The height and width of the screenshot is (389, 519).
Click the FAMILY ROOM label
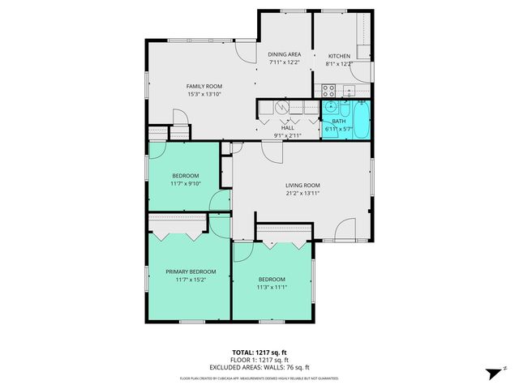[204, 86]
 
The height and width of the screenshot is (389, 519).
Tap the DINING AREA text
[285, 54]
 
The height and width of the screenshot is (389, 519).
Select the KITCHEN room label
[339, 55]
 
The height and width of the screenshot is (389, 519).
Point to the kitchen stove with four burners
[329, 90]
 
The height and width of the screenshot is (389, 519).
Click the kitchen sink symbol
[349, 89]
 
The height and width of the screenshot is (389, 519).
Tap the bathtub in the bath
[362, 120]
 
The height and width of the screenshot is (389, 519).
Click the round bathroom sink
[331, 107]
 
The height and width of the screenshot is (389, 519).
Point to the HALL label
[288, 128]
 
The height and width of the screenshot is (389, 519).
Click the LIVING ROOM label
[302, 185]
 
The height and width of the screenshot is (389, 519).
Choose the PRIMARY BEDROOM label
[191, 271]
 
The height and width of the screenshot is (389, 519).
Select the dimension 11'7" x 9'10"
[185, 183]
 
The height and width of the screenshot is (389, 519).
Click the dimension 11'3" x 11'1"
[272, 286]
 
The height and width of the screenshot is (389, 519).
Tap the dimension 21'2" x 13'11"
[302, 193]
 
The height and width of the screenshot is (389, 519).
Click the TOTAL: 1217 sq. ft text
[259, 353]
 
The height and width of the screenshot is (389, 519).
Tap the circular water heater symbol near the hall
[281, 107]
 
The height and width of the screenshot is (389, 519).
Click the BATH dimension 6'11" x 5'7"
[338, 128]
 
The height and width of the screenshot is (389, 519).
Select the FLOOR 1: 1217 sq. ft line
[259, 359]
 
